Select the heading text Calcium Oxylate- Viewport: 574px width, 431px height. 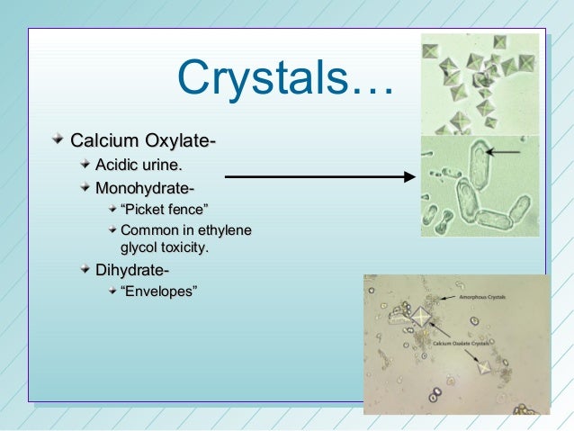143,141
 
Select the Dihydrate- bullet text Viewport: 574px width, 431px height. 131,270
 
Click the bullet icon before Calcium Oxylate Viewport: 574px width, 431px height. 57,140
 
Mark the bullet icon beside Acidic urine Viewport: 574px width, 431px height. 83,164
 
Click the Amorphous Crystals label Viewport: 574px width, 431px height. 483,295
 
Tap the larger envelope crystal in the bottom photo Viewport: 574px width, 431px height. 422,316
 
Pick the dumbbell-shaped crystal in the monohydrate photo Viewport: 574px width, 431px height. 431,216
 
